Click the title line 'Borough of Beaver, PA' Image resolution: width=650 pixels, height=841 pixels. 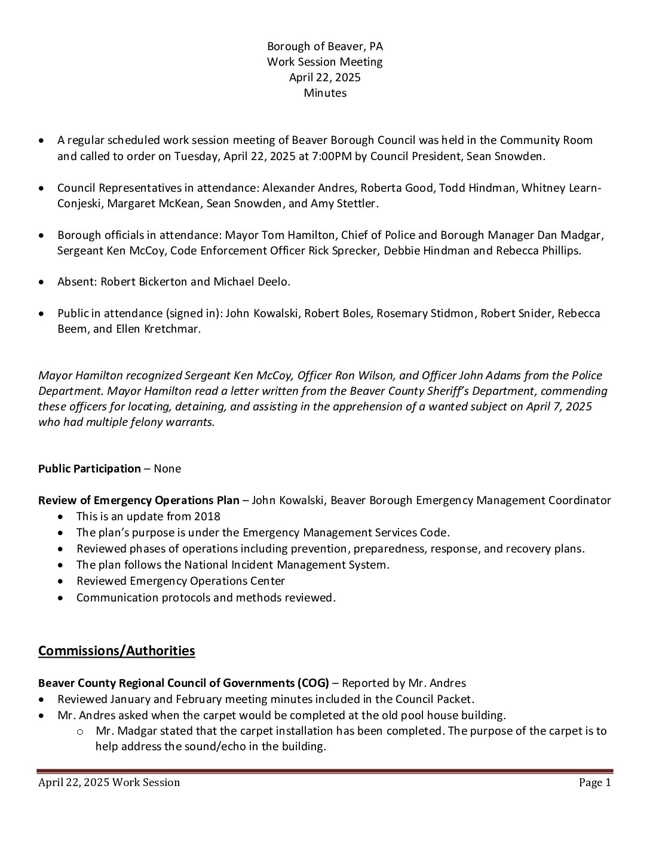(x=325, y=47)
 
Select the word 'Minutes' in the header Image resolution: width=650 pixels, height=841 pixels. (x=325, y=93)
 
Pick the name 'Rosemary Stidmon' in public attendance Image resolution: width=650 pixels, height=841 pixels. (x=425, y=314)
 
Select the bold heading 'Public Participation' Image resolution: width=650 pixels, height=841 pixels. (x=90, y=469)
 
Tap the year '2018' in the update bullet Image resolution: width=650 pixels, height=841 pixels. (x=208, y=517)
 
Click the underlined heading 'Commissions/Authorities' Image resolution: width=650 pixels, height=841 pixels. (x=116, y=651)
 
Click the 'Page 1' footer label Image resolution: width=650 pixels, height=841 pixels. (x=594, y=783)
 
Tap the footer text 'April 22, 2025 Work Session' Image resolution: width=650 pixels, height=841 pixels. (x=109, y=783)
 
